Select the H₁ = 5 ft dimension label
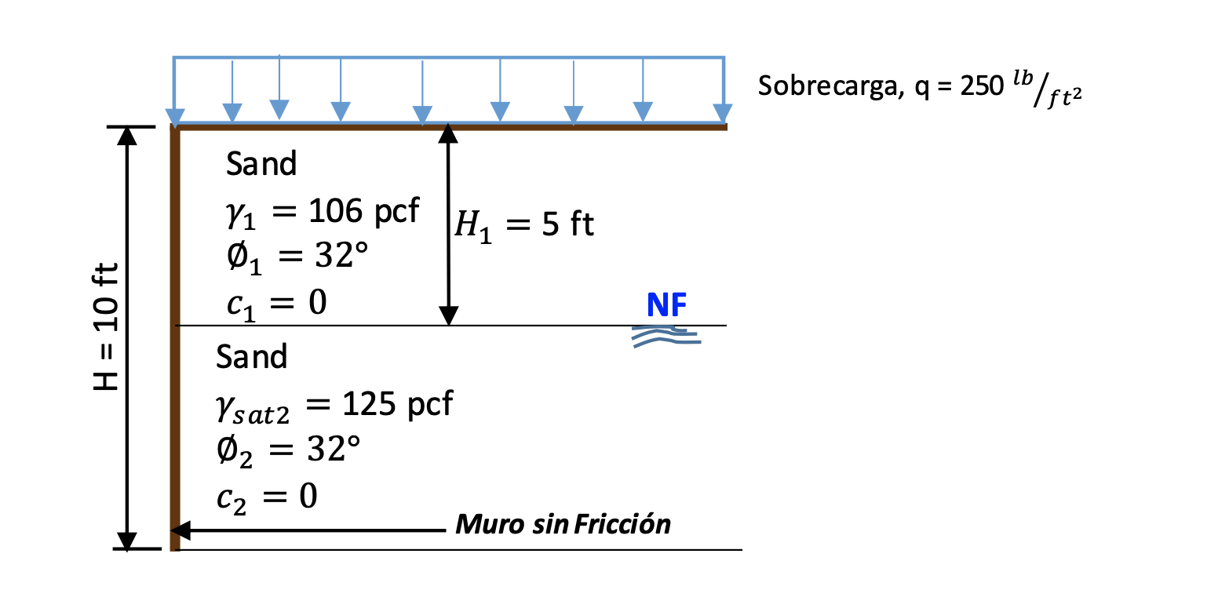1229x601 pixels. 524,226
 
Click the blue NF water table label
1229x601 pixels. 667,306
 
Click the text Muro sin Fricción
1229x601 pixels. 563,524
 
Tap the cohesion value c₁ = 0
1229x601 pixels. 275,302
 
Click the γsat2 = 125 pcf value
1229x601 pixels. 334,405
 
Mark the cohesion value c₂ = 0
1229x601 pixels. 266,497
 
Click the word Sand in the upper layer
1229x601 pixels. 261,165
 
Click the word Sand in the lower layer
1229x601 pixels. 252,357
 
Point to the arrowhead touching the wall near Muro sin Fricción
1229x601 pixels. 184,530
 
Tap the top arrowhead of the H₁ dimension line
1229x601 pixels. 448,133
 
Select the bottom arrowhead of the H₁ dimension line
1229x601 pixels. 448,316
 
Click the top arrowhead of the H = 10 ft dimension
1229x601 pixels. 126,136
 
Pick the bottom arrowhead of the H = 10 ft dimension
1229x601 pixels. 126,541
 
